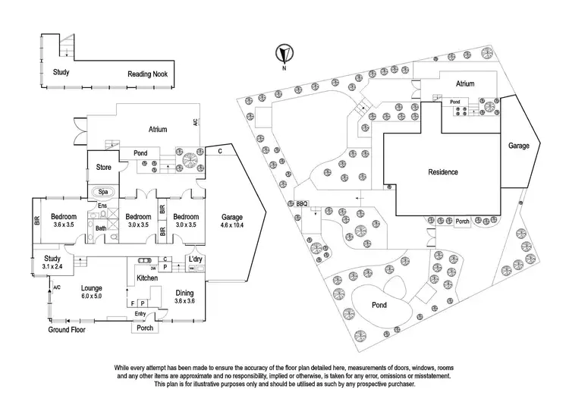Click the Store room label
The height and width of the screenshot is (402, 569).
pos(103,167)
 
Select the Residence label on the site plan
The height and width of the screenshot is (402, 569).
pos(442,172)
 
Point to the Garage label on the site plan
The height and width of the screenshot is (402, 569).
pos(519,144)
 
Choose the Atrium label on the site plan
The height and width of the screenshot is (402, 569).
pos(465,84)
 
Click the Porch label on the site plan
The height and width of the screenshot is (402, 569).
pos(462,222)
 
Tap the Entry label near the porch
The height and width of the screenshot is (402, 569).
pos(140,313)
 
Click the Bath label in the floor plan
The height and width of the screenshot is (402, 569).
pos(101,228)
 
